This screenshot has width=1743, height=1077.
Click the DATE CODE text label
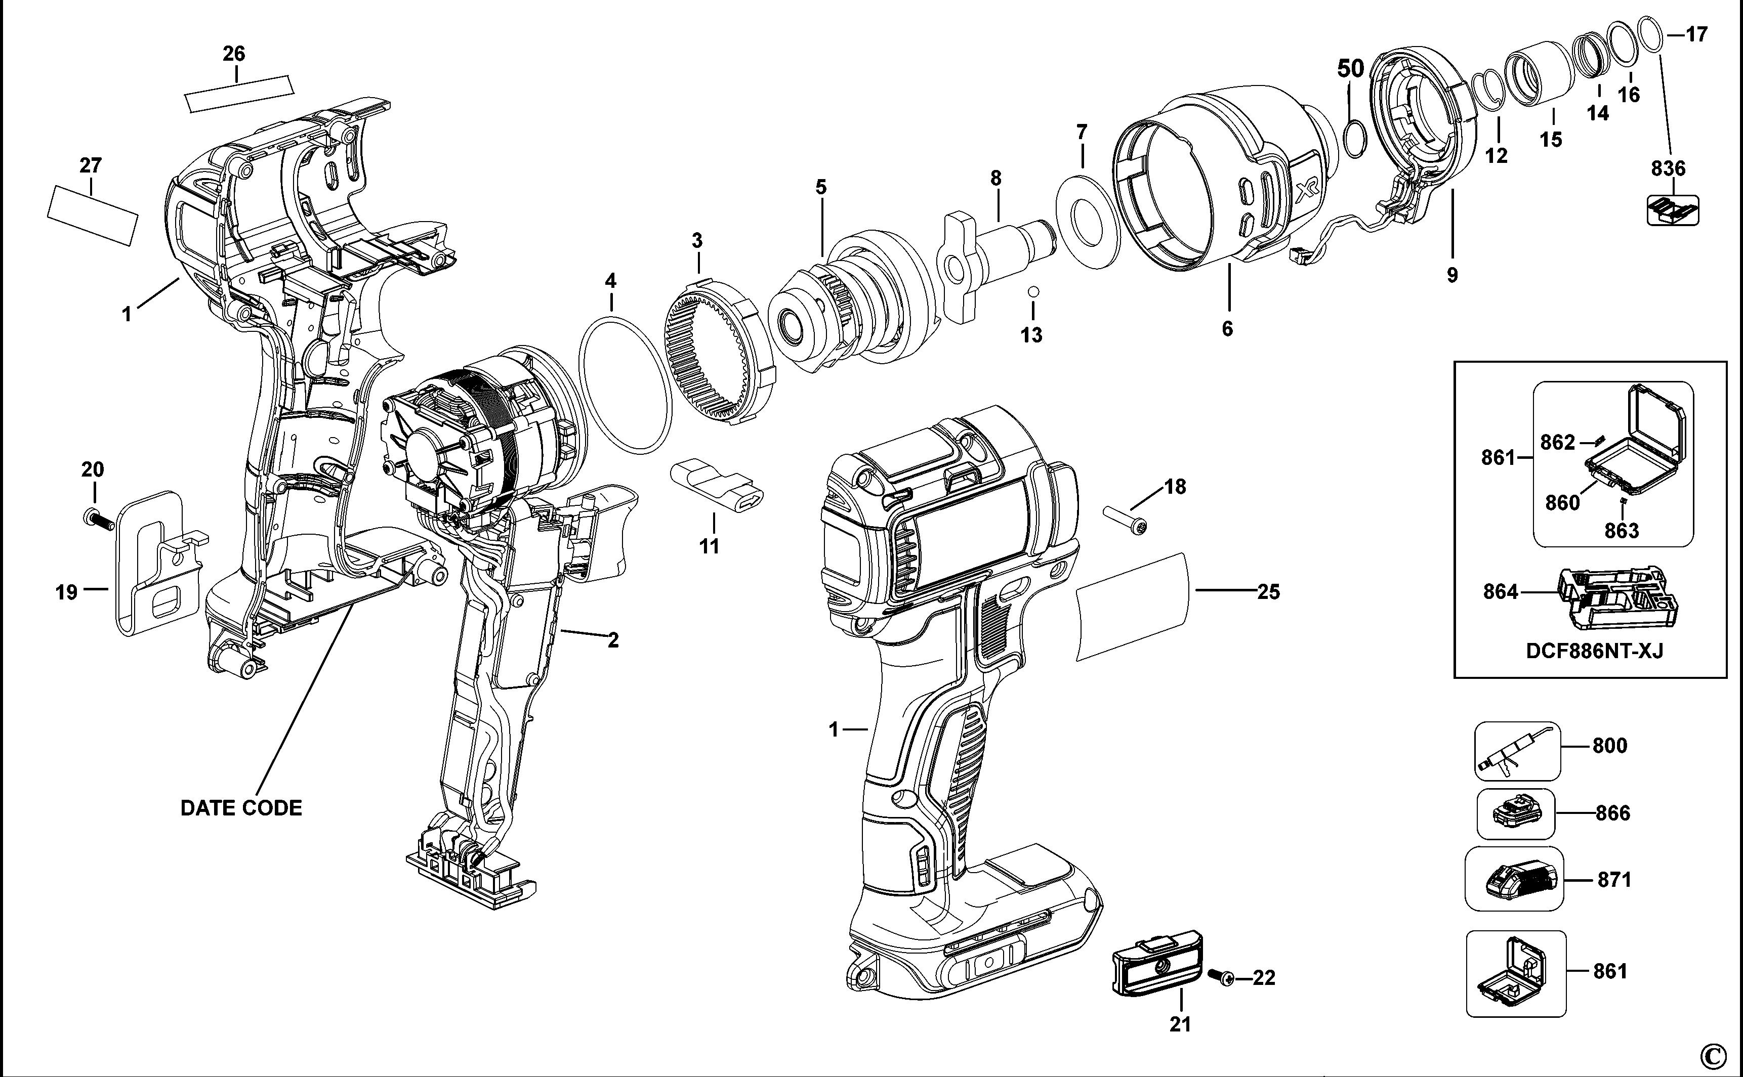pos(241,808)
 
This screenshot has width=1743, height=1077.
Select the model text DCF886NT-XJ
pos(1593,651)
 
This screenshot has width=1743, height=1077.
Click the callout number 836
pos(1668,169)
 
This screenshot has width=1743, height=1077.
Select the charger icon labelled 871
pos(1514,879)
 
